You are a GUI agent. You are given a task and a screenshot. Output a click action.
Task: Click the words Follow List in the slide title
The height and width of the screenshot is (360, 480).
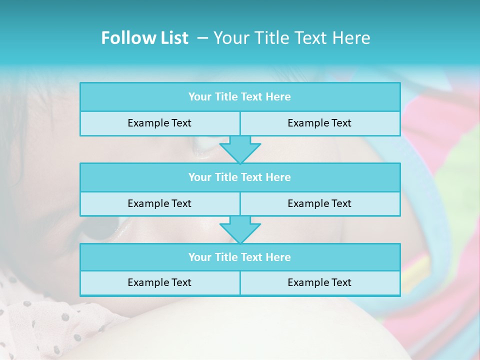click(144, 38)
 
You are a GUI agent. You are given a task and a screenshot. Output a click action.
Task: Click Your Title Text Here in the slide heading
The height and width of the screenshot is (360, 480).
click(291, 38)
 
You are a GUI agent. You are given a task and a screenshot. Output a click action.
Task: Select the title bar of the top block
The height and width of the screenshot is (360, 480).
click(239, 97)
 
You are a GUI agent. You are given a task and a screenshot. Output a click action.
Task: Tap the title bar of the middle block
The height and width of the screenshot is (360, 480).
click(239, 177)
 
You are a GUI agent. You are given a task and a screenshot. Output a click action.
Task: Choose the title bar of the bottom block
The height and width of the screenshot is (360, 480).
click(239, 257)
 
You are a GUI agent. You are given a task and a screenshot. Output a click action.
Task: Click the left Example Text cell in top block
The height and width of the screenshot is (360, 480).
click(159, 123)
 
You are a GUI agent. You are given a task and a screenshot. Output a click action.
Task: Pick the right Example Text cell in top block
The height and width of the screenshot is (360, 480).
click(319, 123)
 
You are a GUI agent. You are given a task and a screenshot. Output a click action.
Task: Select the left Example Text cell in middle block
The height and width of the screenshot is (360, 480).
click(159, 203)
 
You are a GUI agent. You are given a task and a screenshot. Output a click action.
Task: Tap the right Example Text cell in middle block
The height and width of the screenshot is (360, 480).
click(319, 203)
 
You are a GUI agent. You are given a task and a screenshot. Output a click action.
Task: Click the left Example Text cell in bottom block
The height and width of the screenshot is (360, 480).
click(159, 282)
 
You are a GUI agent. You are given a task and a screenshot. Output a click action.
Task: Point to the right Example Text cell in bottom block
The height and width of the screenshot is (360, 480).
click(319, 282)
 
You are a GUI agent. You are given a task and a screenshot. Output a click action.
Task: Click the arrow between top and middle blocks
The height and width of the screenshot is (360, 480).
click(240, 149)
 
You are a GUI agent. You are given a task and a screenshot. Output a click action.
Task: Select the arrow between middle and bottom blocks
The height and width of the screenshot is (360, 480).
click(240, 229)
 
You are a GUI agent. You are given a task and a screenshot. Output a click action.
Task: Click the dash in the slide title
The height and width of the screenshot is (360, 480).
click(202, 38)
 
